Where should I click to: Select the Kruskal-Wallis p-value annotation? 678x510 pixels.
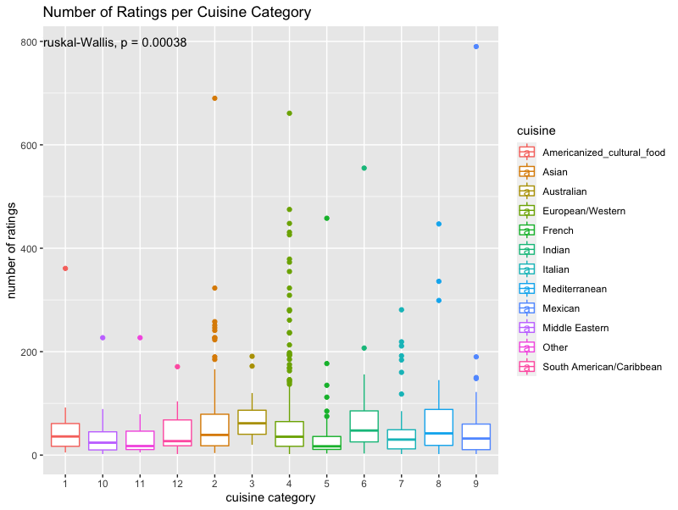(x=115, y=42)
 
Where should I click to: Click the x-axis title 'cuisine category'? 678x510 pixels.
(x=270, y=497)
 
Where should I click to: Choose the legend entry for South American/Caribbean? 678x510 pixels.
(x=601, y=367)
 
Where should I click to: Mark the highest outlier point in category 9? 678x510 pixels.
(x=476, y=47)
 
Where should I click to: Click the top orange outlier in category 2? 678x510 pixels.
(x=214, y=98)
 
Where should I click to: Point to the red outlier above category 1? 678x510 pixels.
(x=65, y=269)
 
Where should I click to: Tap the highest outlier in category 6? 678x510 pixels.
(x=364, y=168)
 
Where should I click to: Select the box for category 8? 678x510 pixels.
(x=439, y=428)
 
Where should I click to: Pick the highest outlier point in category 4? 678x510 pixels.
(x=290, y=114)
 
